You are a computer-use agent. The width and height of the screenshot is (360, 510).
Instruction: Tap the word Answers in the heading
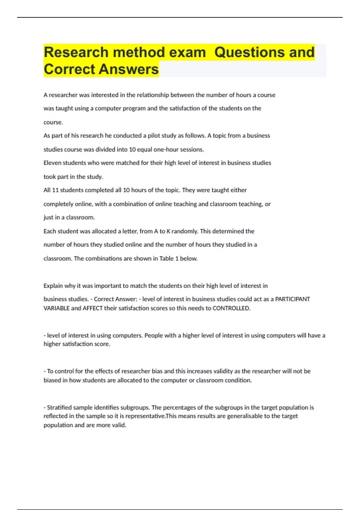click(129, 69)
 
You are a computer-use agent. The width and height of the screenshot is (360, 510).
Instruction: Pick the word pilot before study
click(154, 136)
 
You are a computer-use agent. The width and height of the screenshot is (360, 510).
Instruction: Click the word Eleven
click(52, 163)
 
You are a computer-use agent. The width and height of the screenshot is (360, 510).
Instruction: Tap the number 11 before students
click(55, 190)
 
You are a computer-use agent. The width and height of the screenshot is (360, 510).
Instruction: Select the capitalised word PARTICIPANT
click(292, 299)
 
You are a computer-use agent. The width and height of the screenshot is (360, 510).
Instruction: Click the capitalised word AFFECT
click(93, 308)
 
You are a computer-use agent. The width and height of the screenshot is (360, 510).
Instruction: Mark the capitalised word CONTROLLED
click(231, 308)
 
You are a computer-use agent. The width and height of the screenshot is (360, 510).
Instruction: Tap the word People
click(153, 335)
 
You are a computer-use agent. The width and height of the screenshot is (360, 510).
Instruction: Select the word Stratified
click(59, 407)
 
